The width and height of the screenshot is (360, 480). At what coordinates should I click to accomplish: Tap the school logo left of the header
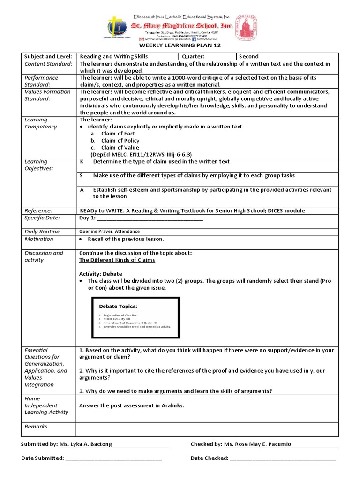115,27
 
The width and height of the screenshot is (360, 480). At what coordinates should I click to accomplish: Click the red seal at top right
246,27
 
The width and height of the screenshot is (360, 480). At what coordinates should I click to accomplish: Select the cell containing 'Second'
248,56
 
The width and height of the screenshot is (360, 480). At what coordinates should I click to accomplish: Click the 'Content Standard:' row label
48,64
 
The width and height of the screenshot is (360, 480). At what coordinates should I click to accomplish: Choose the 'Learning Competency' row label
41,123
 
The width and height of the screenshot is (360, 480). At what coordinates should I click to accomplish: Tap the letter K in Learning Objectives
82,162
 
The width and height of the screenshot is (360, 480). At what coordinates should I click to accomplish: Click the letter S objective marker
82,175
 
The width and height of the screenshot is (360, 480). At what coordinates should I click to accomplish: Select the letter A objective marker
82,190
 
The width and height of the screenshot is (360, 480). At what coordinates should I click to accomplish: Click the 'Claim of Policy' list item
120,141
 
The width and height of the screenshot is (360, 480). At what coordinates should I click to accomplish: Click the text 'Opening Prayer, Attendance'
109,232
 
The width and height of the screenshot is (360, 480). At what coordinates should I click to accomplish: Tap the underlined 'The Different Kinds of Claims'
117,260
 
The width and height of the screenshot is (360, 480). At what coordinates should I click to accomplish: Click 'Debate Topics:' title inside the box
118,306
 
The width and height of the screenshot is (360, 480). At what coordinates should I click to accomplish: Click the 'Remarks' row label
36,427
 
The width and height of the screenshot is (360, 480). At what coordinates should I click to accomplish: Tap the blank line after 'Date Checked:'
283,458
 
